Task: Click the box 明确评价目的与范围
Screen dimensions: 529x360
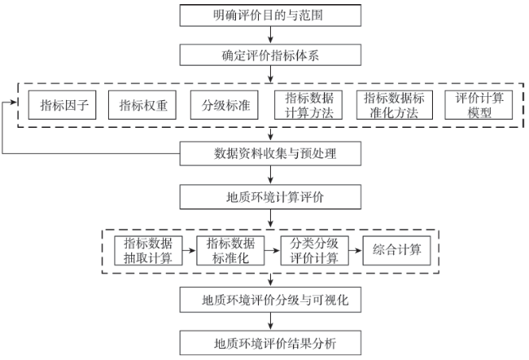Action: point(270,15)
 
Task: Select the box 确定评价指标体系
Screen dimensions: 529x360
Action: point(270,55)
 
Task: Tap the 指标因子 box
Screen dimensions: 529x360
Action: point(62,105)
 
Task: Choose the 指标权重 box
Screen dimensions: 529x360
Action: point(142,105)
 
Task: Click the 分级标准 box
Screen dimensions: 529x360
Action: point(224,105)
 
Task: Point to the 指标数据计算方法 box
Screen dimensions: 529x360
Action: point(308,105)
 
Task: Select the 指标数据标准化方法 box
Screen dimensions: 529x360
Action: point(395,105)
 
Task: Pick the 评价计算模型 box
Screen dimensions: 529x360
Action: point(479,105)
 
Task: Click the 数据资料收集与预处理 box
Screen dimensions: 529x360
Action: point(270,154)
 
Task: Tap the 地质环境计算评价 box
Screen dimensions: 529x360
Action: point(270,197)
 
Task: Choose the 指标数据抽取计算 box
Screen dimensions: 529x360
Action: point(148,251)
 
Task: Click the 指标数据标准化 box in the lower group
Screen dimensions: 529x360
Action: point(230,251)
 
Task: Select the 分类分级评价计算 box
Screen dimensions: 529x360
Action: point(314,251)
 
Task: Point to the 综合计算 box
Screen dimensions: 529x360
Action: point(397,251)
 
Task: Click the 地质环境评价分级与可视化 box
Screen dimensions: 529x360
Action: point(270,300)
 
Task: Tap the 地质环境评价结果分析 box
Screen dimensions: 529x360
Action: point(270,343)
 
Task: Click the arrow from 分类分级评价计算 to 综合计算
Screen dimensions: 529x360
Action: point(356,251)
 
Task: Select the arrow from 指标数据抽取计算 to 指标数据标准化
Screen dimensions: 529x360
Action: point(190,251)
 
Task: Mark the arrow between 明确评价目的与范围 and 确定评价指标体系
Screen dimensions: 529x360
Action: point(270,35)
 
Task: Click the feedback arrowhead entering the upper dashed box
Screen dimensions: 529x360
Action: point(14,102)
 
